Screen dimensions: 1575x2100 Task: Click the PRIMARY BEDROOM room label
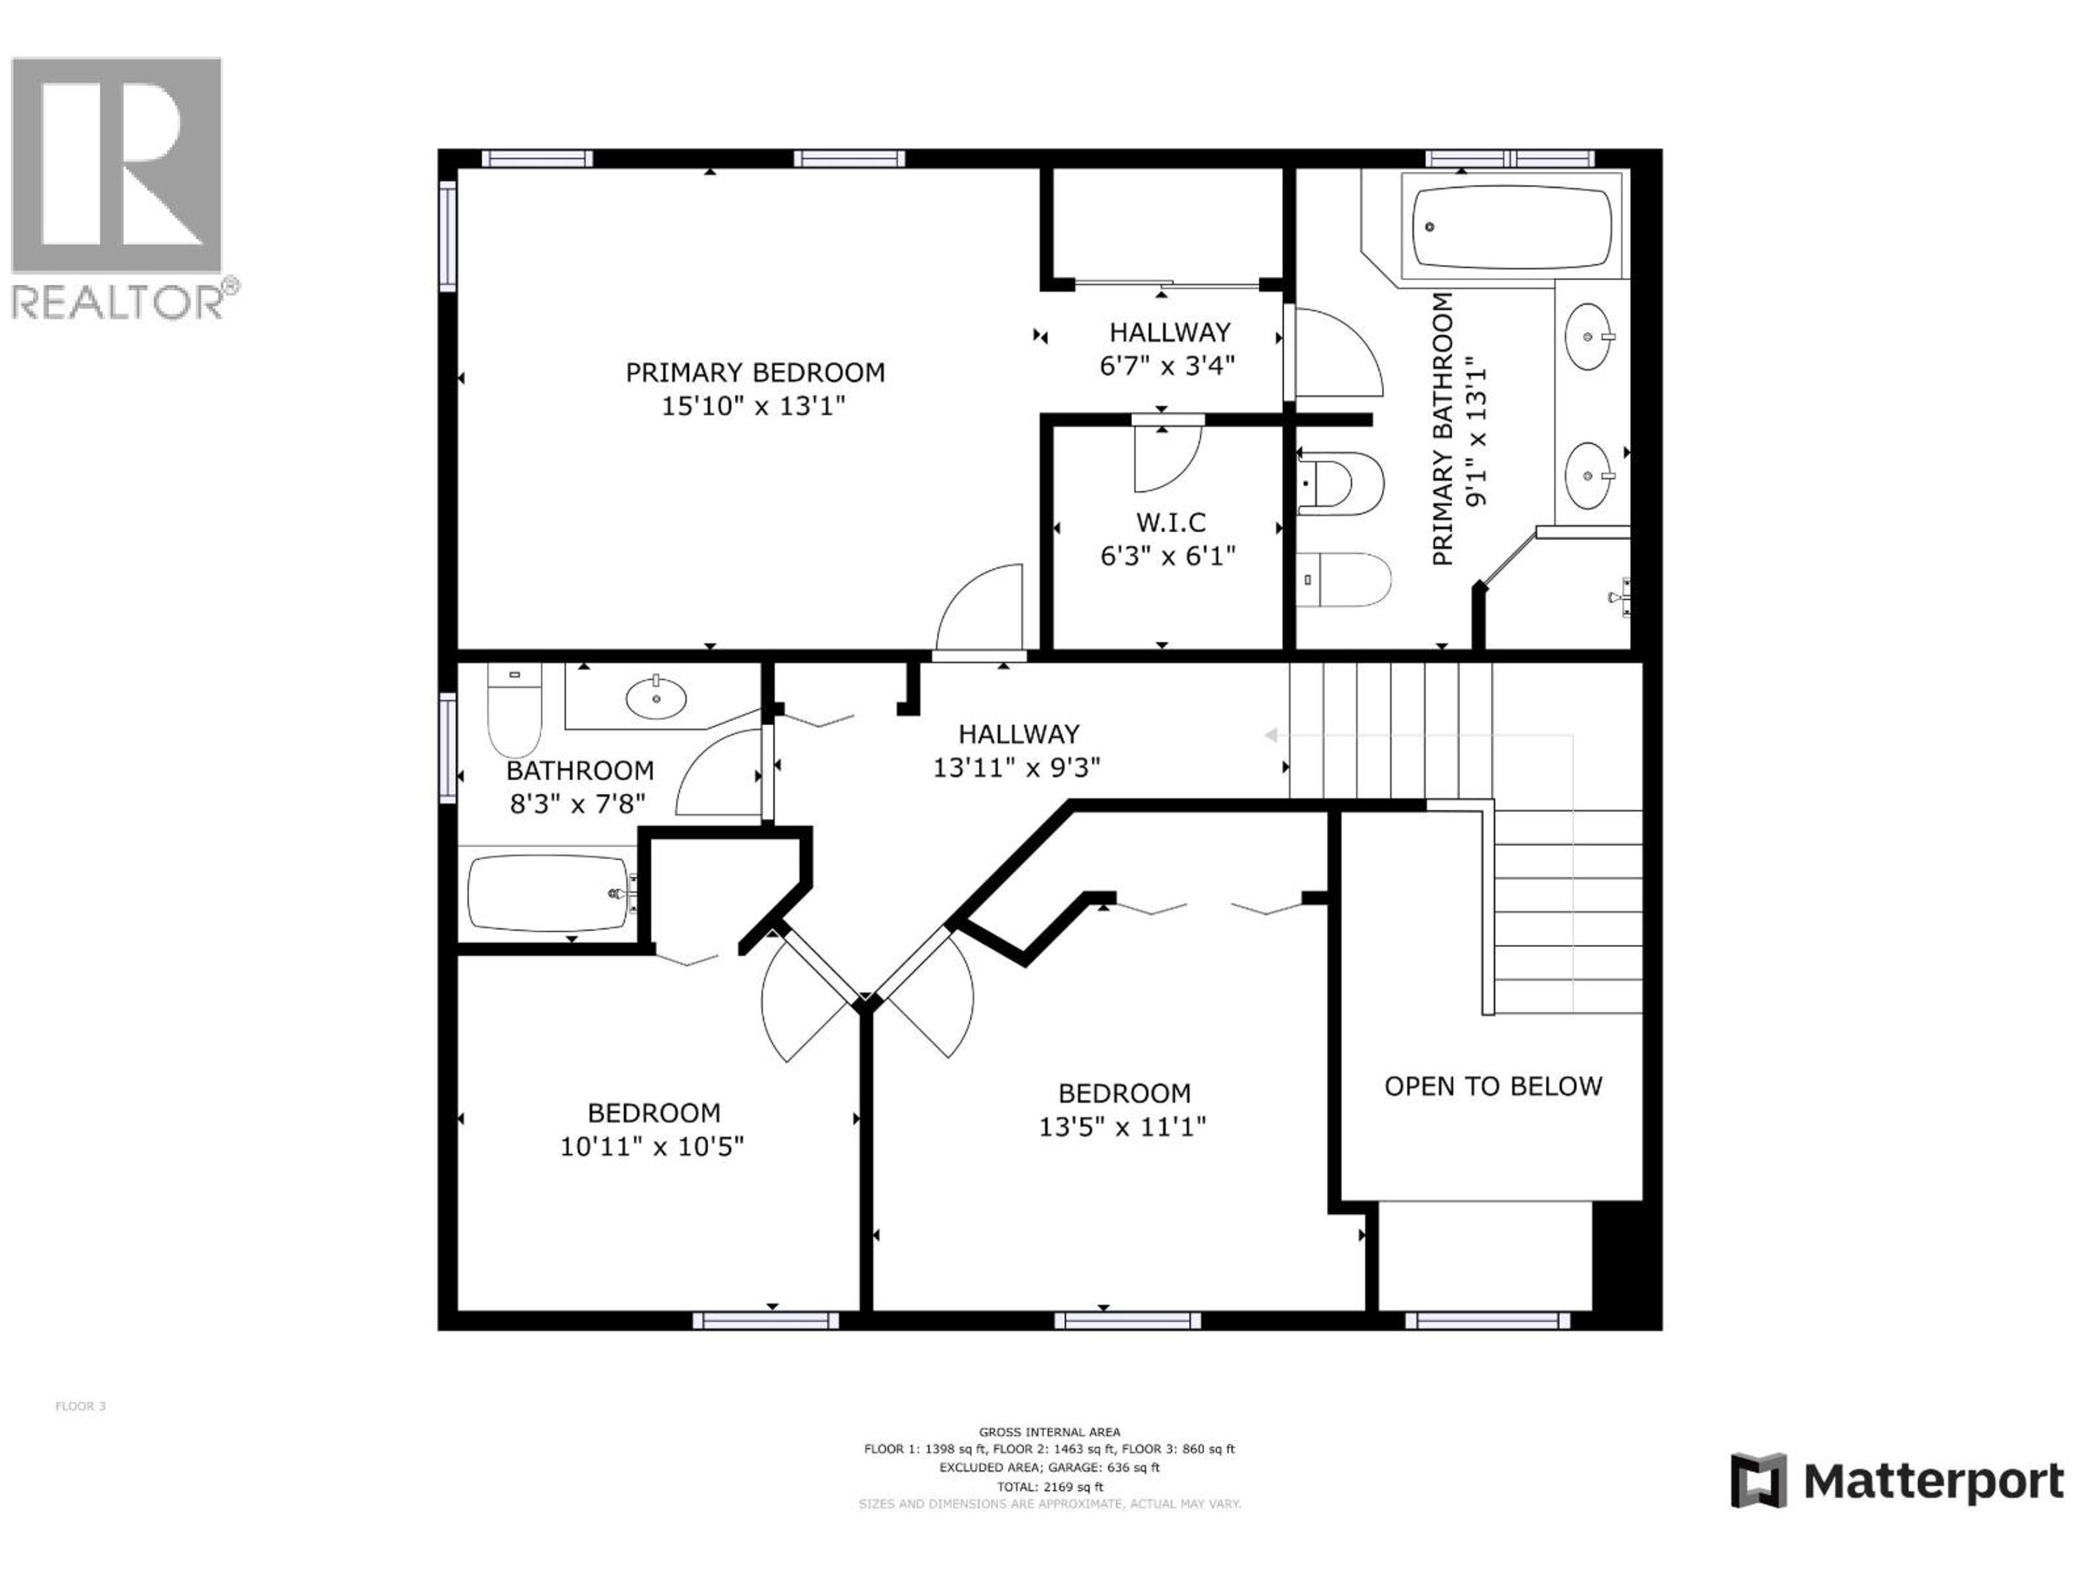(755, 372)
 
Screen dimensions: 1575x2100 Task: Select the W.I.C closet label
(1170, 522)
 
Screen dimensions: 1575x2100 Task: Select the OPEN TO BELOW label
(1492, 1086)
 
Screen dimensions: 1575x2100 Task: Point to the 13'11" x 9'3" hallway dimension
(1016, 767)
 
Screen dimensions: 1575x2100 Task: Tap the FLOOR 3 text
(81, 1406)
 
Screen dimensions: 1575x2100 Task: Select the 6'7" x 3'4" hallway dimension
(1167, 365)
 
